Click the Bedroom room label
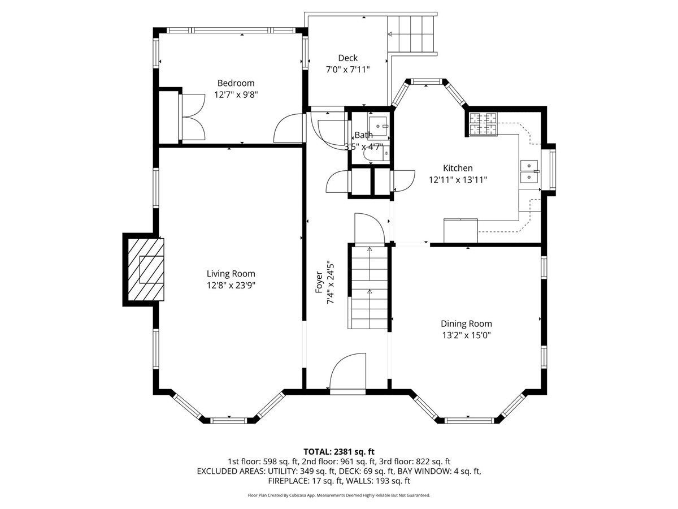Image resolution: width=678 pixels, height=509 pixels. pos(236,83)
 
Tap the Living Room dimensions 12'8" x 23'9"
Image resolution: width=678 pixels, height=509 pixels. pos(231,285)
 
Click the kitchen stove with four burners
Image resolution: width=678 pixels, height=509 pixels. pos(483,124)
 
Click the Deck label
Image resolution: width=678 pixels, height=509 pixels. pos(348,58)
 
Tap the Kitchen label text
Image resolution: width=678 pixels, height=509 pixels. pos(458,168)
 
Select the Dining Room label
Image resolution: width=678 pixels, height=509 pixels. pos(466,323)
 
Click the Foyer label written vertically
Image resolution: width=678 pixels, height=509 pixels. pos(319,282)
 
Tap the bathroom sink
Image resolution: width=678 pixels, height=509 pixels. pos(378,126)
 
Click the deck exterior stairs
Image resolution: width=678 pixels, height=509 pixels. pos(411,34)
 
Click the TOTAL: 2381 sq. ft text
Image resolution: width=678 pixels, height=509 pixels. pos(339,452)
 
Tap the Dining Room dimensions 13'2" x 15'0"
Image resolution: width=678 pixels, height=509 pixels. pos(467,335)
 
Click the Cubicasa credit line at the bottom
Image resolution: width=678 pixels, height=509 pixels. pos(339,495)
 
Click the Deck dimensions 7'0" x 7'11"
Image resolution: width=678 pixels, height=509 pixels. pos(348,69)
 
